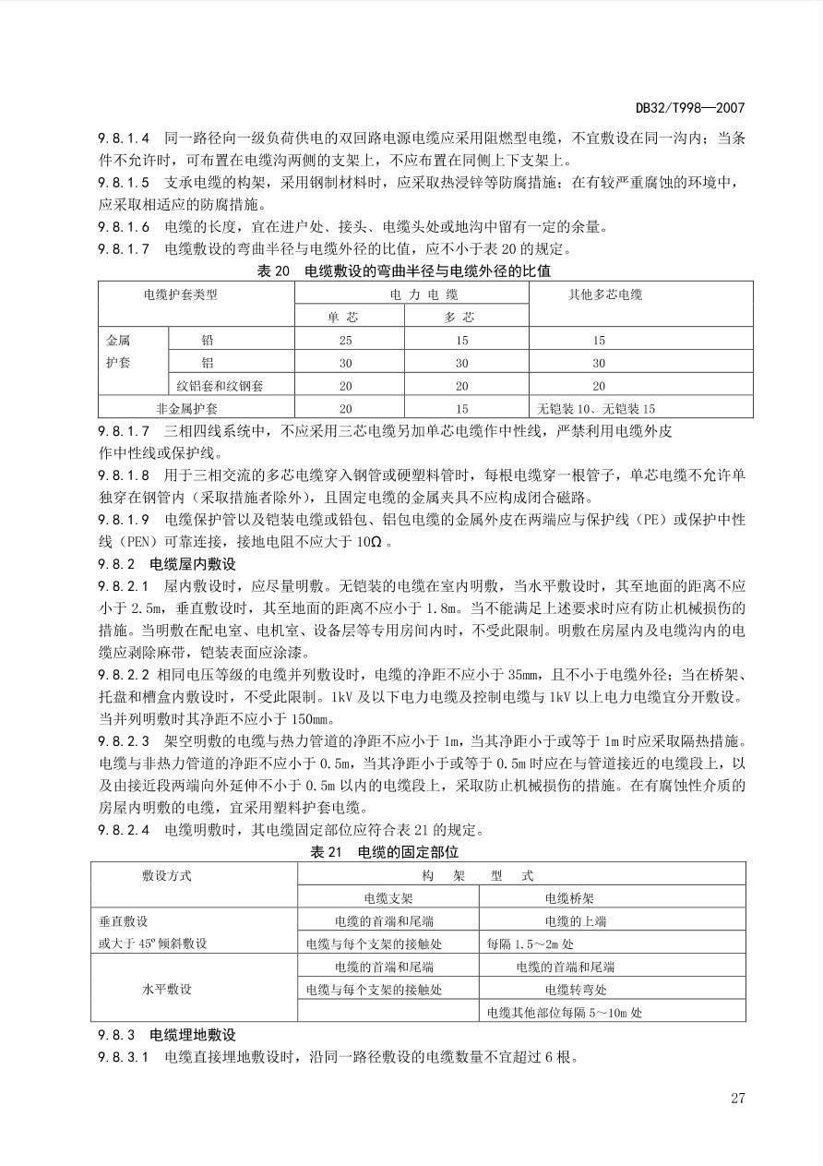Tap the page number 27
click(x=736, y=1098)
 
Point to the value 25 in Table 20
click(x=345, y=340)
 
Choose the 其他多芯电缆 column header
click(x=605, y=295)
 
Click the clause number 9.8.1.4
click(x=124, y=138)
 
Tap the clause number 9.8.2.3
click(x=124, y=741)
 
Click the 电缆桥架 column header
click(x=569, y=897)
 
